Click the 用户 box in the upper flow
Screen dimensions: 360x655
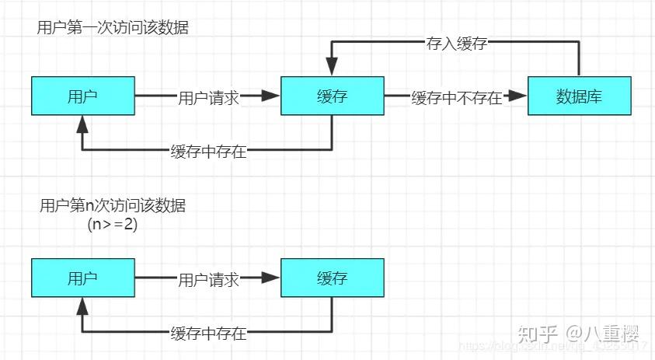[x=83, y=96]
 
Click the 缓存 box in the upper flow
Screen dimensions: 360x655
[x=332, y=96]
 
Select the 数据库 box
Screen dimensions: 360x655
[x=580, y=96]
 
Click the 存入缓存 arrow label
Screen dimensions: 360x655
[x=456, y=44]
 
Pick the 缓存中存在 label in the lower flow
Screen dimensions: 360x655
[x=208, y=334]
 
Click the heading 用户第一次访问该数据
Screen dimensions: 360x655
[x=113, y=27]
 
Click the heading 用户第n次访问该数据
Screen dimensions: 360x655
[x=113, y=206]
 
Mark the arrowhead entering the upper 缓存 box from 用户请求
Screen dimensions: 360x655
[x=270, y=96]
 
